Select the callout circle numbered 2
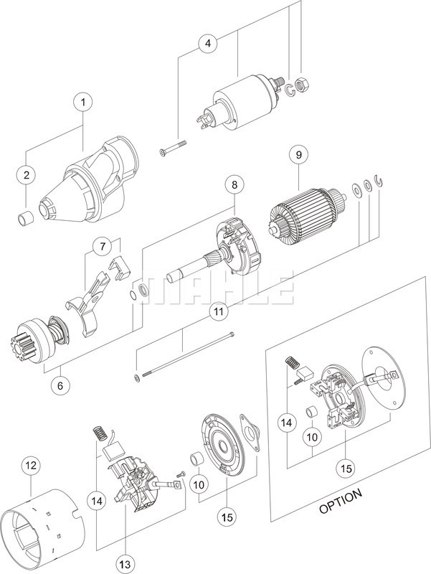pos(27,174)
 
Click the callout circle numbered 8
pos(234,184)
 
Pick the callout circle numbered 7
pos(105,247)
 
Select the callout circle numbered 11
pos(218,311)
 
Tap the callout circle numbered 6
pos(60,385)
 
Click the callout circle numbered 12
pos(29,466)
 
